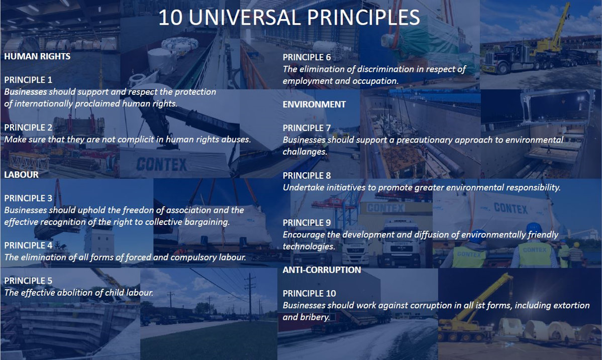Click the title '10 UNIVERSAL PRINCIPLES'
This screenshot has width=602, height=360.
[x=289, y=18]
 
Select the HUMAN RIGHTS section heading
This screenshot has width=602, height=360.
[x=37, y=56]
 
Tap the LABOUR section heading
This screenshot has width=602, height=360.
[x=21, y=175]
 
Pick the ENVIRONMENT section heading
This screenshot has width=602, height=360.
[x=314, y=104]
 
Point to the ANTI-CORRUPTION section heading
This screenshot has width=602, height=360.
[x=322, y=270]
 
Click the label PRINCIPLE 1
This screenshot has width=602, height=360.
[x=28, y=80]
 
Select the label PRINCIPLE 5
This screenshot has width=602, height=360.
[x=28, y=281]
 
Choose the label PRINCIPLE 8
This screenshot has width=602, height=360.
[x=307, y=176]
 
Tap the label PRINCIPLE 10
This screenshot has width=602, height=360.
[x=309, y=294]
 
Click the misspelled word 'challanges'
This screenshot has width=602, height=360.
[x=305, y=152]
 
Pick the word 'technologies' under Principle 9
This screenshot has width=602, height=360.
[x=309, y=247]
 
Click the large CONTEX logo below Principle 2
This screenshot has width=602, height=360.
[x=161, y=165]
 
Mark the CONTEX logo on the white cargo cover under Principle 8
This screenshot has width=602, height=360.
[x=511, y=208]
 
